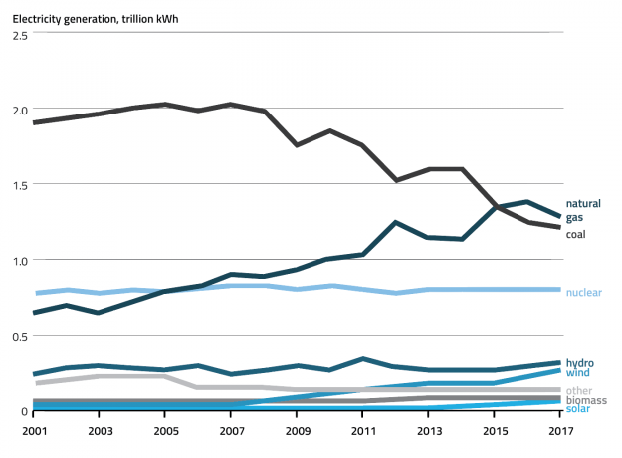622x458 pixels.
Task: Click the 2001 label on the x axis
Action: [x=34, y=430]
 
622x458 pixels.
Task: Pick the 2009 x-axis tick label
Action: [x=298, y=430]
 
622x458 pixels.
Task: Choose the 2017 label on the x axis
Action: [x=561, y=430]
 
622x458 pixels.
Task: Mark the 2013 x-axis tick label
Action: [x=429, y=430]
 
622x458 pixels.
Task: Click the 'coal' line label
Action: [x=576, y=234]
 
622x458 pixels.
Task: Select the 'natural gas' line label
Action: [x=583, y=210]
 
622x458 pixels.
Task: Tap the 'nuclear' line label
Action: [x=583, y=292]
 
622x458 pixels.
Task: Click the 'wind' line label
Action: [x=577, y=373]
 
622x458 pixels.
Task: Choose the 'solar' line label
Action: [x=578, y=409]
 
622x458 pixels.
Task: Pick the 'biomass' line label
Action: [x=585, y=399]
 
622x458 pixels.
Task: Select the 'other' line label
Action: [x=578, y=390]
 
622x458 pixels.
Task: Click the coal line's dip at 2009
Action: [x=298, y=145]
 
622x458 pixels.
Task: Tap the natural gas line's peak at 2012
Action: [x=396, y=223]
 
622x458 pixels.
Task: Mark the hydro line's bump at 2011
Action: [x=363, y=358]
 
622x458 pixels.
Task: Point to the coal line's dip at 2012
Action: [x=396, y=180]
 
